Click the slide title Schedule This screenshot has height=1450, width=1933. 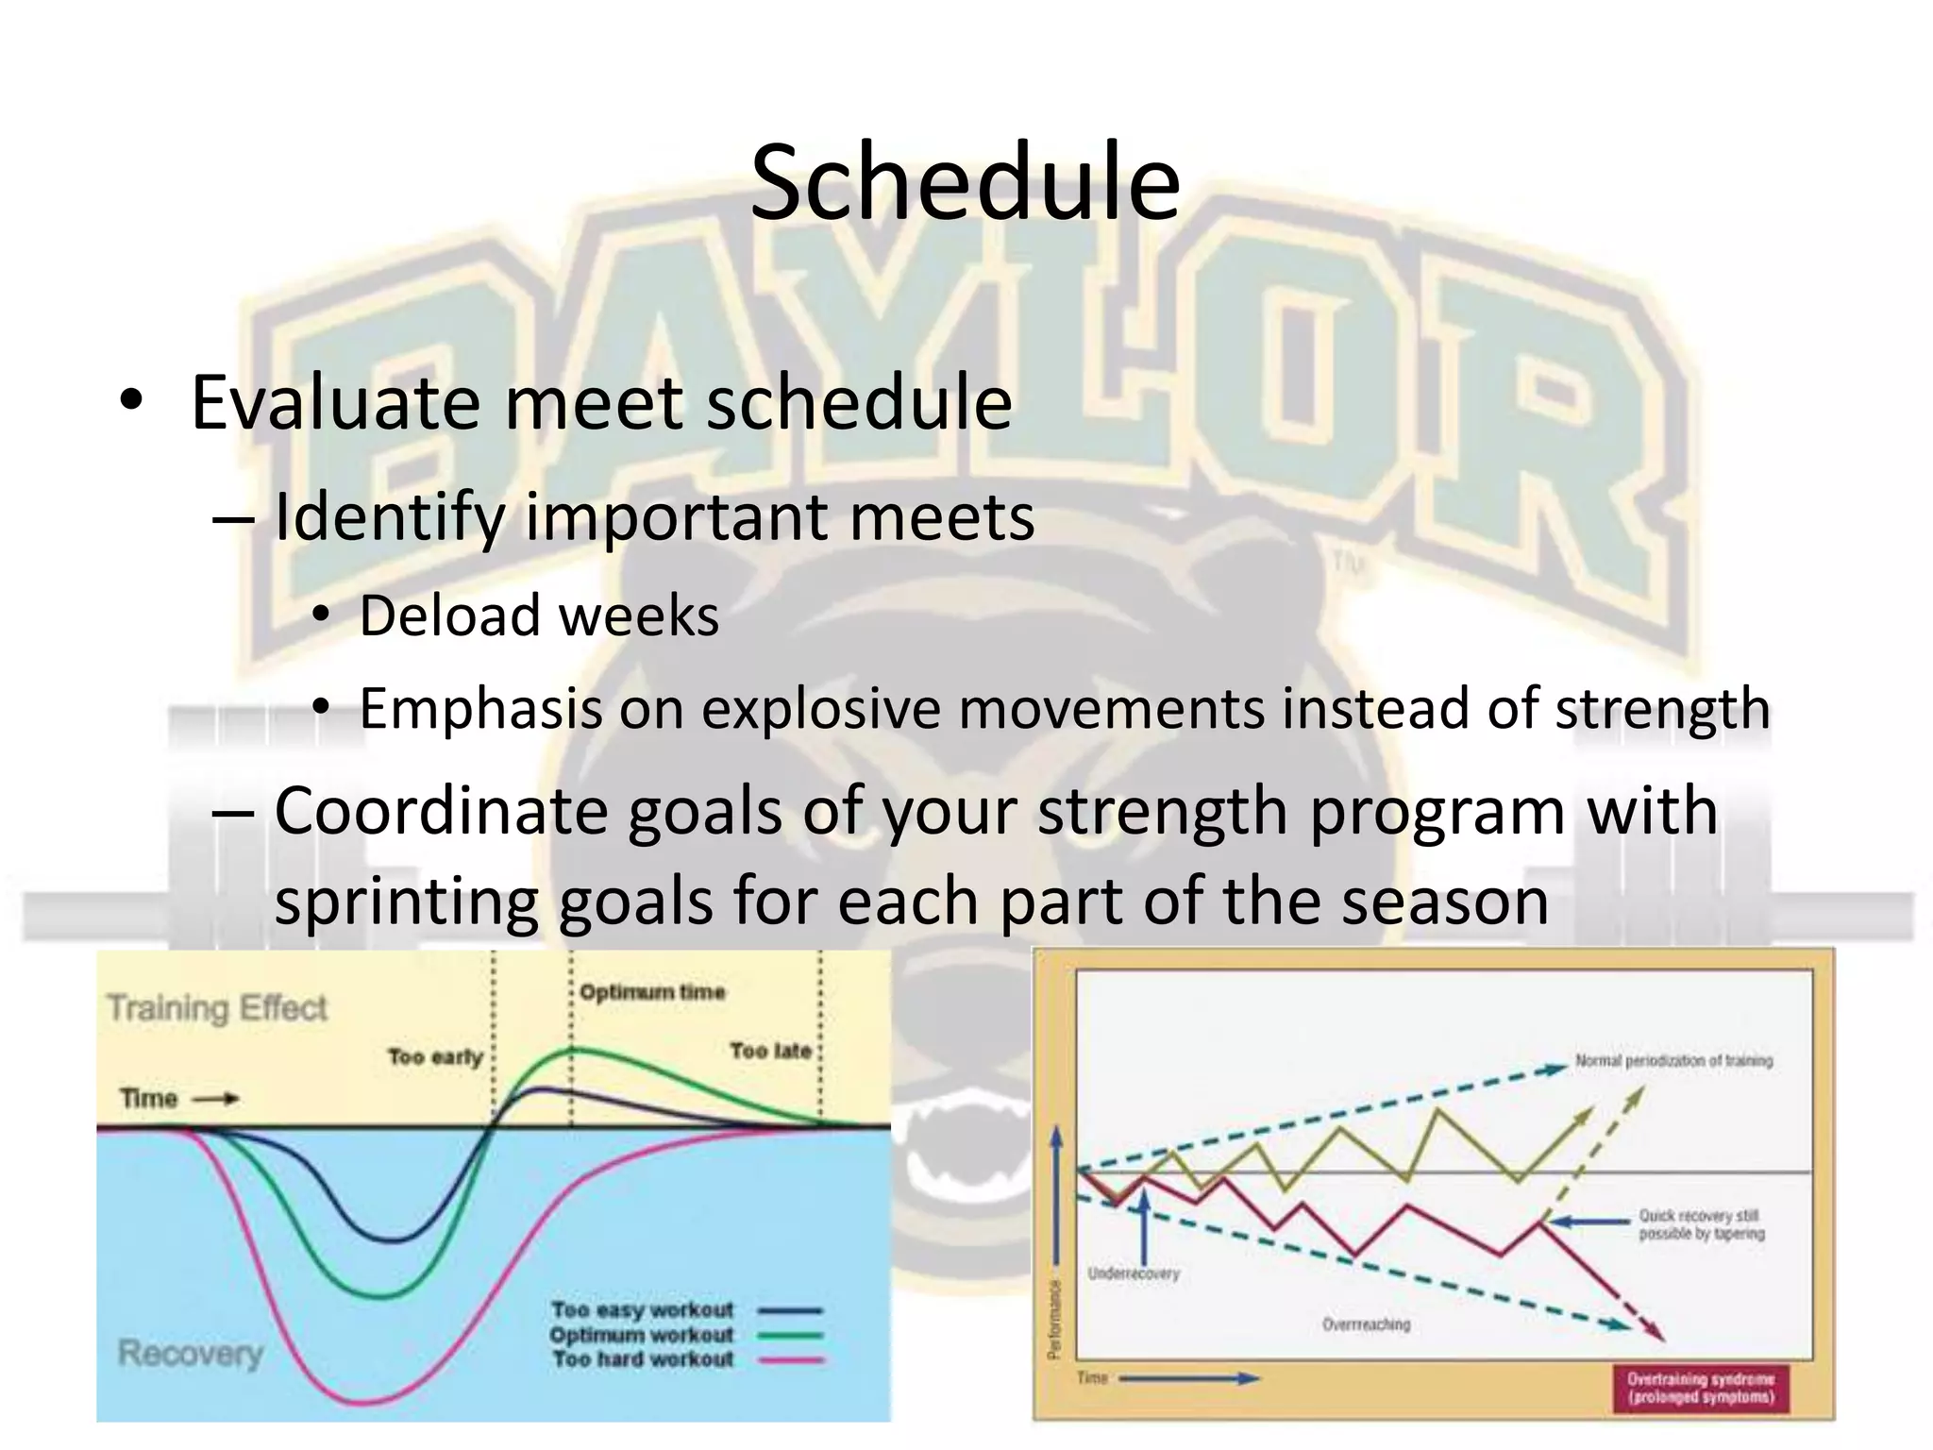pos(965,182)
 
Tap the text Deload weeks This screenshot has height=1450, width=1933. pos(539,616)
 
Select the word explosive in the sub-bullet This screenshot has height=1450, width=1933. pos(820,709)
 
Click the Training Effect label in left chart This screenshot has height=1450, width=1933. pos(217,1008)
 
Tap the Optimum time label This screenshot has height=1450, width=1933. pos(652,992)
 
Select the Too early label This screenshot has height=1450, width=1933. pos(435,1056)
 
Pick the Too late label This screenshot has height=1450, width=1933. pos(770,1051)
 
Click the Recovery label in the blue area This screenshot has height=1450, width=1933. pos(190,1353)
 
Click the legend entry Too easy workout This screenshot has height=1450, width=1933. pos(643,1310)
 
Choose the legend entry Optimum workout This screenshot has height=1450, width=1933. pos(642,1335)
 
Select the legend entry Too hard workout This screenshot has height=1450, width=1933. pos(643,1359)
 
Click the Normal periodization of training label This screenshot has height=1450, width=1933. pos(1673,1061)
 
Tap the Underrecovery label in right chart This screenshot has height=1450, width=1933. pos(1134,1273)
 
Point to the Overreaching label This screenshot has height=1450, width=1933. pos(1366,1324)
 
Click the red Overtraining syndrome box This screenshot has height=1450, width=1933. pos(1700,1388)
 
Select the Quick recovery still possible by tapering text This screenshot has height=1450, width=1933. pos(1701,1224)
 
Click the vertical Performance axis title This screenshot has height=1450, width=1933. pos(1055,1319)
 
